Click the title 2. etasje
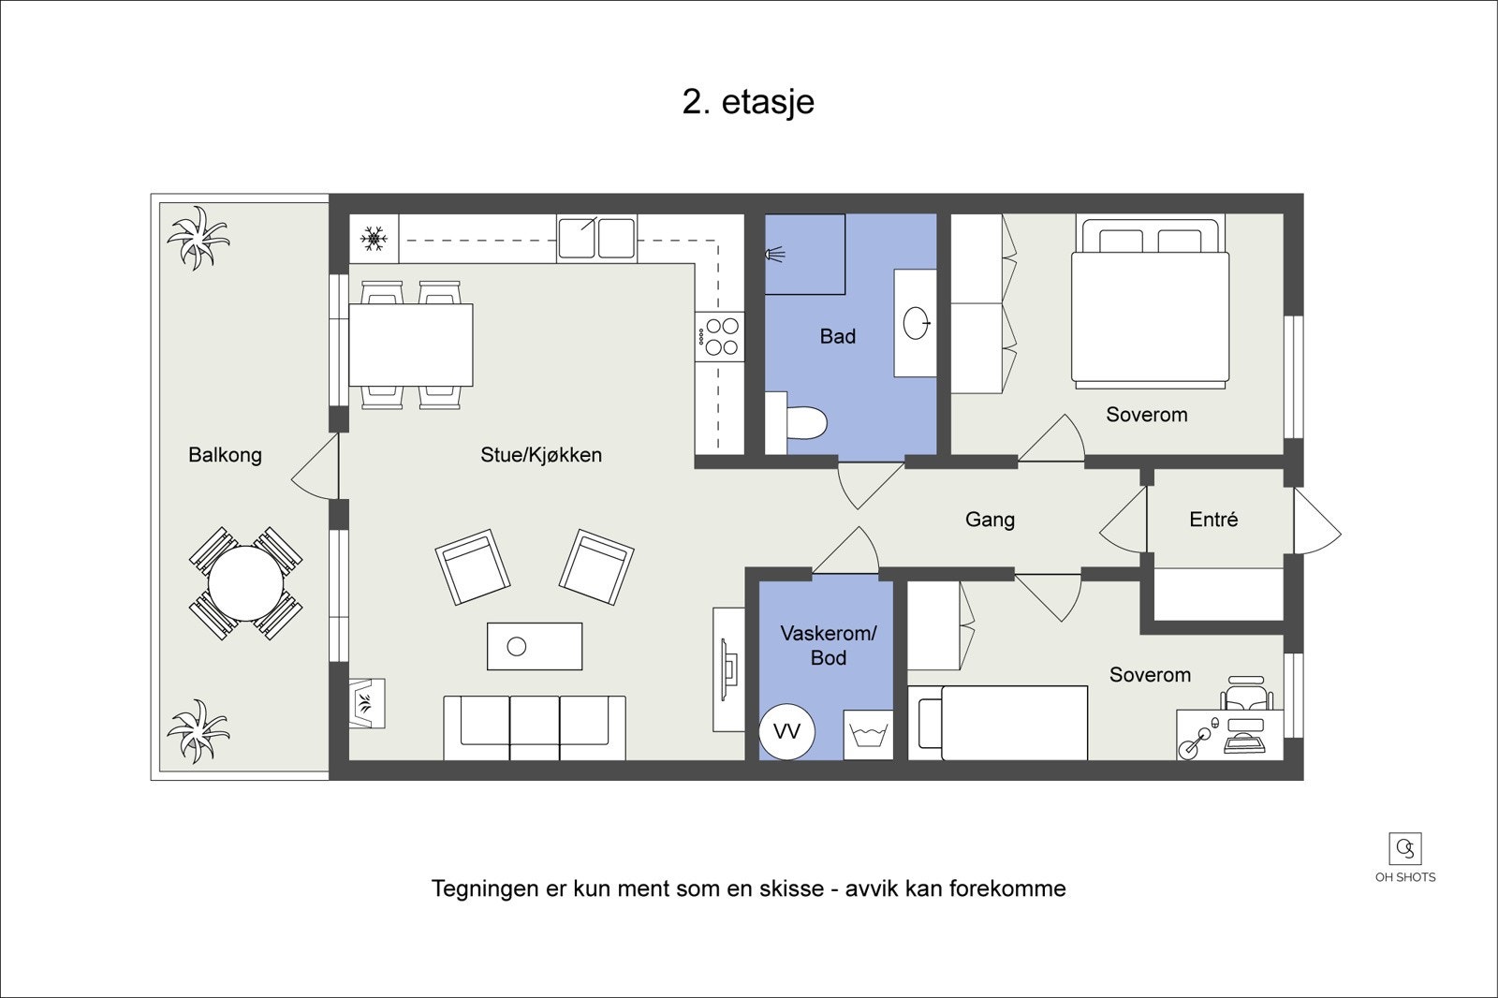click(748, 102)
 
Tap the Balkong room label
click(225, 455)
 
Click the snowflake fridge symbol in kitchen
click(374, 238)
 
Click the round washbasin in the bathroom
click(917, 324)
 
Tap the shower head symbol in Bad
click(776, 253)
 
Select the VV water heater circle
click(786, 731)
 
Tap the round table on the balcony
click(245, 583)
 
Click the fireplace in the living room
click(367, 702)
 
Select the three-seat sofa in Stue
click(535, 726)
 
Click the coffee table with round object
click(535, 646)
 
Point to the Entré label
click(1213, 520)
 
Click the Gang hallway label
click(990, 520)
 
